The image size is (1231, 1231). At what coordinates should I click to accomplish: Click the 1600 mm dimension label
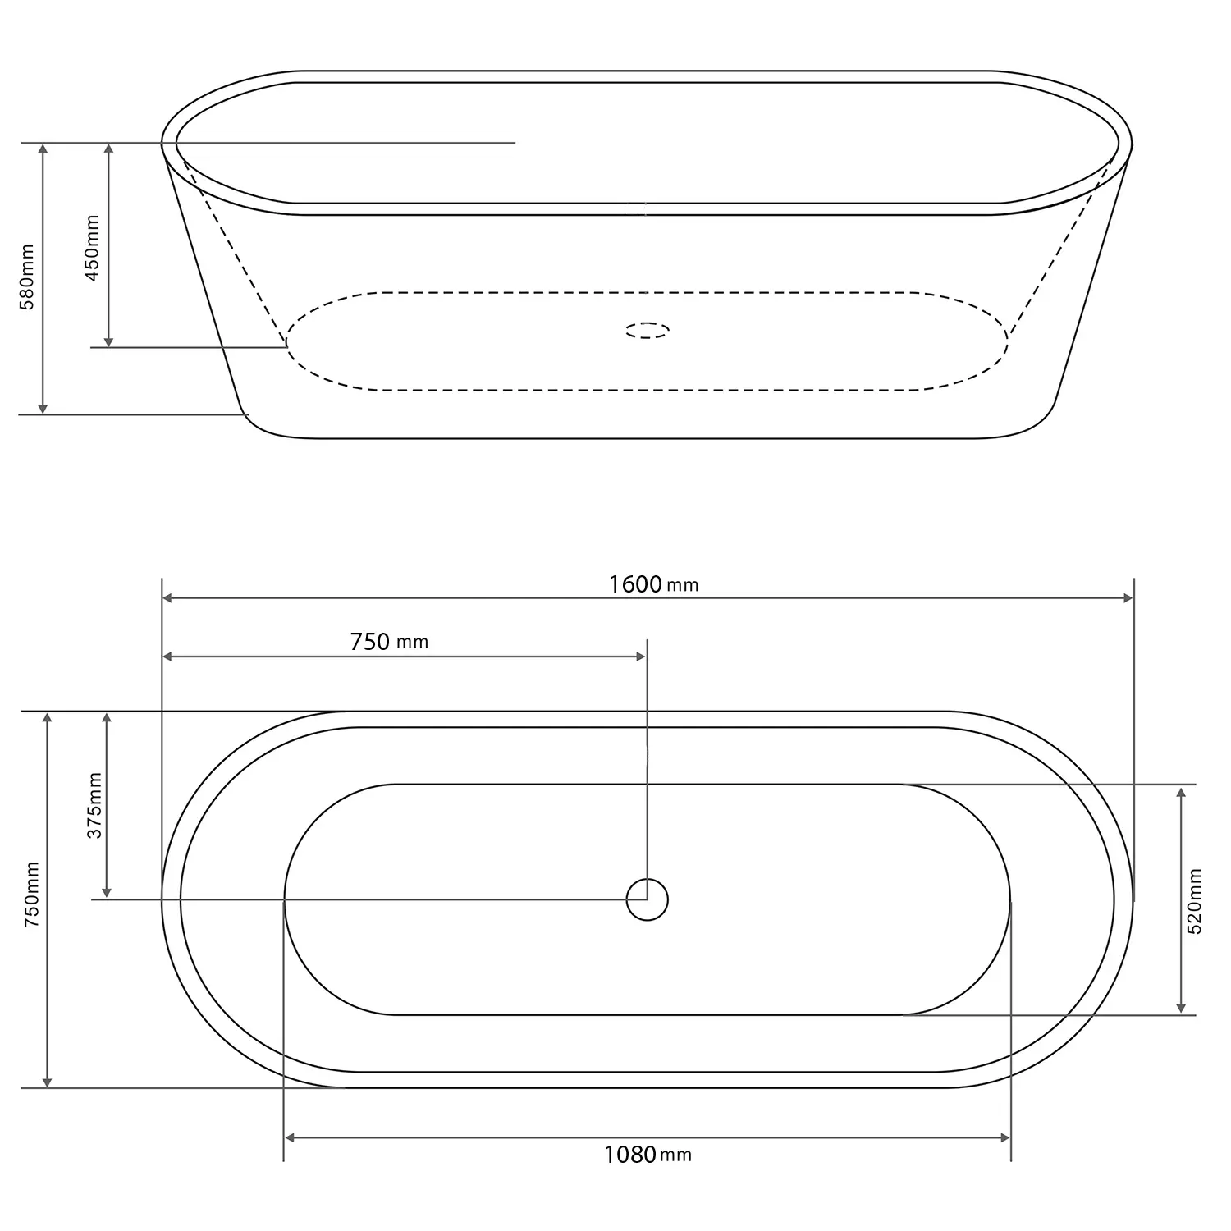(653, 584)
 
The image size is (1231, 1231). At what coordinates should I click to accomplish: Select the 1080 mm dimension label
(648, 1155)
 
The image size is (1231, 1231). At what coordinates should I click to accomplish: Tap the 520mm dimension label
(1195, 901)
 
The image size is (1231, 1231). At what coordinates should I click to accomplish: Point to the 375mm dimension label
(95, 805)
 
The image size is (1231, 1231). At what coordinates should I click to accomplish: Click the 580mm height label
(28, 277)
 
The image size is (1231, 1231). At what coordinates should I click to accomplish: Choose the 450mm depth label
(92, 248)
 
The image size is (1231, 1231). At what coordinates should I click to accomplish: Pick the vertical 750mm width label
(33, 895)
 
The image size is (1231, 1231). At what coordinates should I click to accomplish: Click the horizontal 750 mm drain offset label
(389, 642)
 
